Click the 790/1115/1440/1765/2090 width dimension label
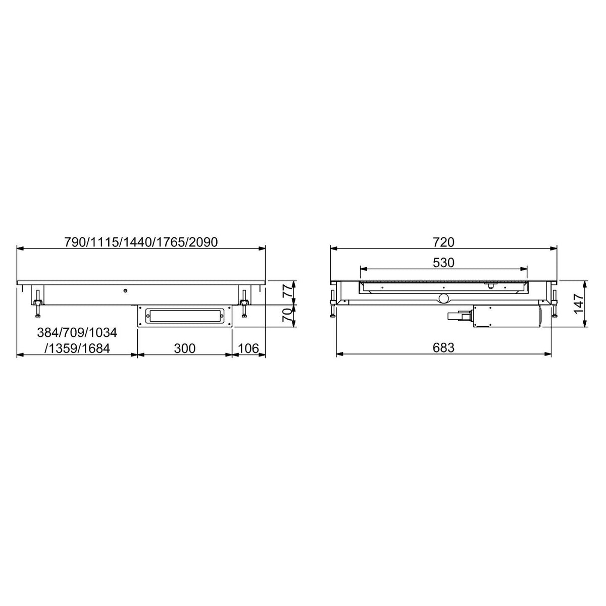pos(141,242)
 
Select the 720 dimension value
pos(443,242)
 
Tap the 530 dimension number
pos(443,263)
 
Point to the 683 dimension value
pos(443,348)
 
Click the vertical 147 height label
pos(579,304)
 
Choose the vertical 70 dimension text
pos(287,315)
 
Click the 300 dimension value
pos(185,348)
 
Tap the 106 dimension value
pos(248,348)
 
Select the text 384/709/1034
pos(77,333)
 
